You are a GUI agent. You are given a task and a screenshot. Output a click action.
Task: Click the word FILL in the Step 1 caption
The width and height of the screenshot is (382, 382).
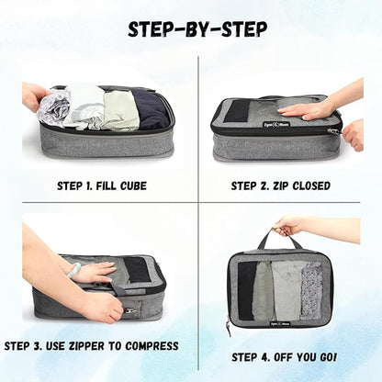pos(107,185)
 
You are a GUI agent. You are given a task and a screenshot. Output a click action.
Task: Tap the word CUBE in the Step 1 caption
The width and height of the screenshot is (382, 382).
pos(132,185)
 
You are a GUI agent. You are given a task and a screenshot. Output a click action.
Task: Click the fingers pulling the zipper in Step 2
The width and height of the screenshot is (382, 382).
pos(354,135)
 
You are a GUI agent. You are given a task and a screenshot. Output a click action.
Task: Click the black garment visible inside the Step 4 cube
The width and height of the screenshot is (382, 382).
pos(247,290)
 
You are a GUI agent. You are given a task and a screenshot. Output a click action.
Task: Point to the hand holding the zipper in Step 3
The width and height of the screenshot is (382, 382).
pos(101,305)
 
